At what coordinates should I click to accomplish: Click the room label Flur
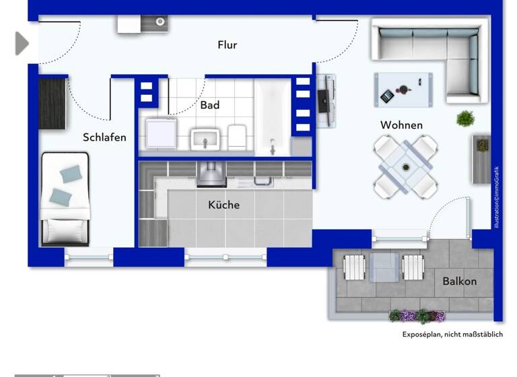(228, 45)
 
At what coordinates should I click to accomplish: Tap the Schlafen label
(104, 137)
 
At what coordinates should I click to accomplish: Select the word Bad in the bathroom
(210, 106)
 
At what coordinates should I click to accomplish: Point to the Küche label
(223, 205)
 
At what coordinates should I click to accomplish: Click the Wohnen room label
(401, 125)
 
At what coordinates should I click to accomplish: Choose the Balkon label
(459, 281)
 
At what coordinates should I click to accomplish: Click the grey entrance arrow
(22, 44)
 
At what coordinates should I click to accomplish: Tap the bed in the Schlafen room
(65, 199)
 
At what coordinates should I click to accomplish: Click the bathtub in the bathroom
(273, 118)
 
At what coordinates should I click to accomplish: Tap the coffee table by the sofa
(403, 90)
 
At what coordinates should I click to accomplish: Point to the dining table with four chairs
(405, 166)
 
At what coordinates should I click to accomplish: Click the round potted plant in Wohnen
(465, 119)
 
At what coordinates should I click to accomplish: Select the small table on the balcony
(384, 267)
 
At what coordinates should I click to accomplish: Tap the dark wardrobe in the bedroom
(53, 104)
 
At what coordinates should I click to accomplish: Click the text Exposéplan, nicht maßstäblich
(452, 335)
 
